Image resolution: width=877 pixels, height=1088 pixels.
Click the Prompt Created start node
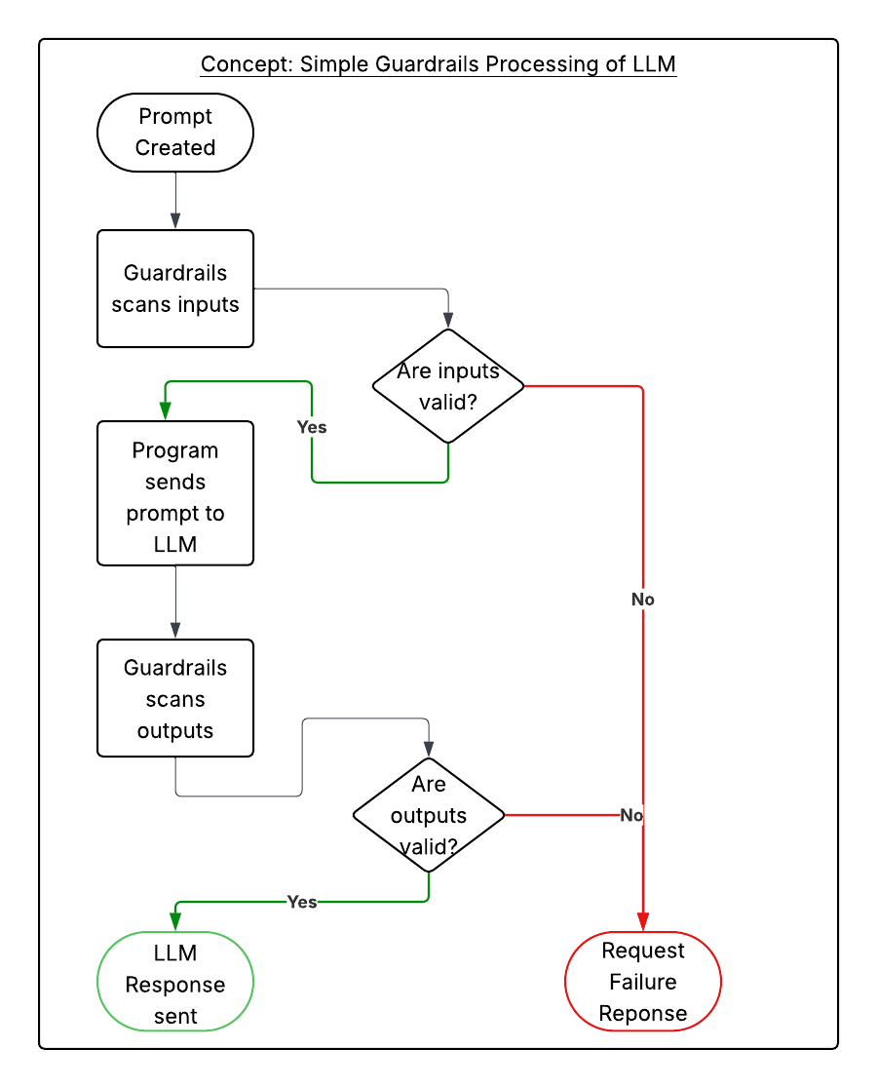175,133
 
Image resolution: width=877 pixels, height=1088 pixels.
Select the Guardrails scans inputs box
175,289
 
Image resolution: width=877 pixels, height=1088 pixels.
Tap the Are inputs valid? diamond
448,386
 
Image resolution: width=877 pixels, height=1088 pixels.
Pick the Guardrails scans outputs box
175,698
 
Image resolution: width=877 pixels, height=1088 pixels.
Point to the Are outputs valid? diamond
429,815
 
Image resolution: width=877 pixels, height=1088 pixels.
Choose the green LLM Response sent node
175,982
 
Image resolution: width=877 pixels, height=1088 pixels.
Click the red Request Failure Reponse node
643,982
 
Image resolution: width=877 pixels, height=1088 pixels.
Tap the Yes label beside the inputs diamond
312,427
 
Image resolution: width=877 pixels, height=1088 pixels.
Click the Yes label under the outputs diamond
302,902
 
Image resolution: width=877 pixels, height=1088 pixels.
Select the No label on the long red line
643,600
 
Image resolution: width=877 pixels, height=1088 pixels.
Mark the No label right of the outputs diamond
631,815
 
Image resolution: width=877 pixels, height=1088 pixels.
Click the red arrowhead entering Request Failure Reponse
643,921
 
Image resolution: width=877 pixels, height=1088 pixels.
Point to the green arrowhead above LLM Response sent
175,921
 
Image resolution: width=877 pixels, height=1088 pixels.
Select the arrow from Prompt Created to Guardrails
175,200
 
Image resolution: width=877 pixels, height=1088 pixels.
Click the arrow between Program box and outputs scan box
175,602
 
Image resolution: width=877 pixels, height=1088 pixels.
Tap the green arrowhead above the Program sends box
166,411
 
